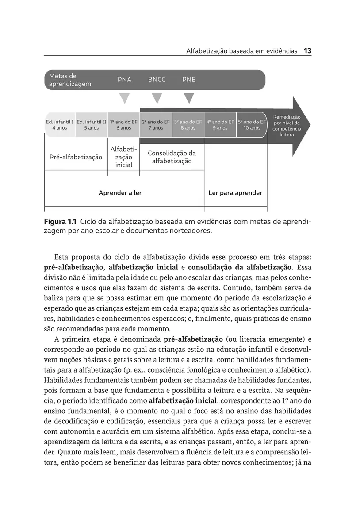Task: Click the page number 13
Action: tap(308, 51)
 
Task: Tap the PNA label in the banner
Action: tap(124, 80)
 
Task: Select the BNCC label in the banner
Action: tap(157, 80)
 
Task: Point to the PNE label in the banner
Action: tap(189, 80)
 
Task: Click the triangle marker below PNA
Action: tap(125, 98)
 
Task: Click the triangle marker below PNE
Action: tap(189, 98)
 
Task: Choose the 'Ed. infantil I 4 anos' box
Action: tap(60, 125)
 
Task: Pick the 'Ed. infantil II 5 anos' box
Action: tap(92, 125)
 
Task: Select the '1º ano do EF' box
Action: tap(124, 125)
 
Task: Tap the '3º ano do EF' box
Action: tap(188, 125)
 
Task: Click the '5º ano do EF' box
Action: tap(252, 125)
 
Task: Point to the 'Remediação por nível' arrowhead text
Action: tap(287, 126)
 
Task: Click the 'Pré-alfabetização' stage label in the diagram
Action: tap(76, 157)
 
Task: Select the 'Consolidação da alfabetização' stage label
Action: tap(172, 157)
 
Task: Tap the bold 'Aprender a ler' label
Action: tap(120, 193)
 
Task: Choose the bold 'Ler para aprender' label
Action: tap(235, 193)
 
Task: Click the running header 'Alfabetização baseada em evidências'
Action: tap(241, 51)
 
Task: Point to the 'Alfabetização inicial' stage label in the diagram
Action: tap(124, 157)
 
